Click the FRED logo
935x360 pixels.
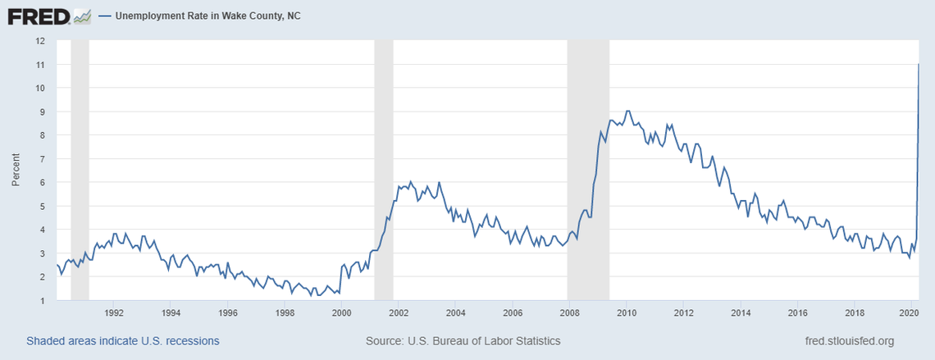[x=38, y=16]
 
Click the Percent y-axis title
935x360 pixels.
[x=16, y=170]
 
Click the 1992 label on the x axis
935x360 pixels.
[x=114, y=313]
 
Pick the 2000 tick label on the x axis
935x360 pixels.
[x=342, y=313]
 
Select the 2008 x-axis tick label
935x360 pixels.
[x=570, y=313]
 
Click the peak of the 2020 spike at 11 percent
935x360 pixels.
[x=918, y=64]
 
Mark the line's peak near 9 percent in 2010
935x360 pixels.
[x=627, y=111]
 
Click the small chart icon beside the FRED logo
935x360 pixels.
[x=81, y=16]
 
